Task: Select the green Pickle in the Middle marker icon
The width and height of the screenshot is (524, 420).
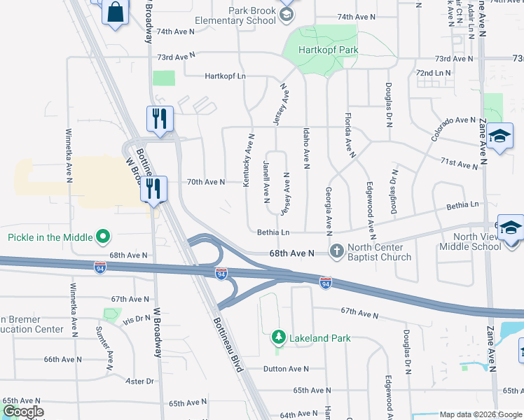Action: (x=103, y=237)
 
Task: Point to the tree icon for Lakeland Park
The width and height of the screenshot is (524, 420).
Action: (x=279, y=338)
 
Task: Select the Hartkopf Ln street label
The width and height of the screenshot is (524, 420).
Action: (x=226, y=76)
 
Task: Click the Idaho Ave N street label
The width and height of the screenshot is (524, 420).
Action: (x=306, y=148)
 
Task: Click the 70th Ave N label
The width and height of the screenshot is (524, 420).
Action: (x=206, y=182)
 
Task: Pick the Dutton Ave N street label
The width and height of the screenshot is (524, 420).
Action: (x=286, y=369)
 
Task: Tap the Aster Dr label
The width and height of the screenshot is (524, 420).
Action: (x=139, y=381)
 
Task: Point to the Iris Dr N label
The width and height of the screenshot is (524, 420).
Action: (x=137, y=318)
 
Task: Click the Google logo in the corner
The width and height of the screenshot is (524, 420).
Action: (x=22, y=412)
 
